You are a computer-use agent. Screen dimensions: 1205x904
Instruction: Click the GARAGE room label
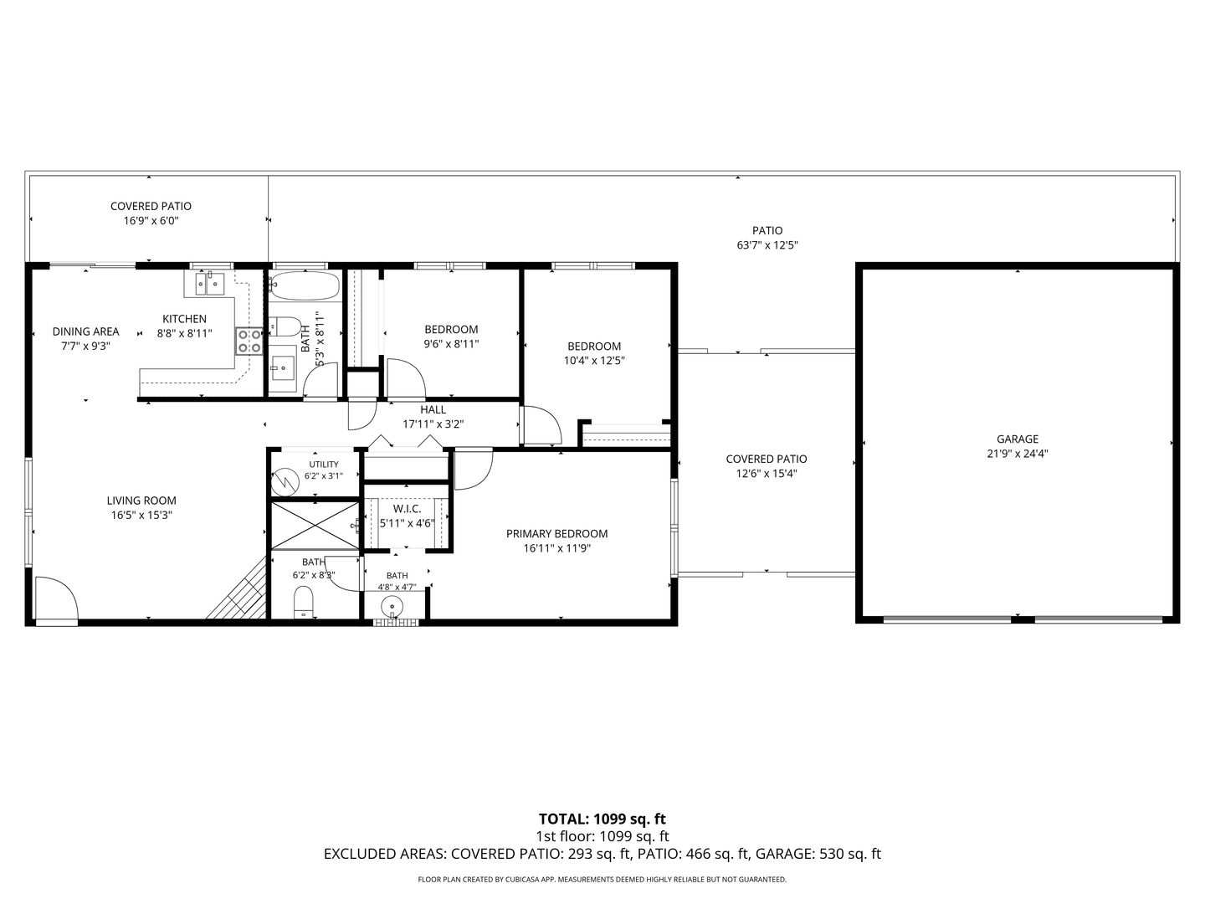click(1018, 439)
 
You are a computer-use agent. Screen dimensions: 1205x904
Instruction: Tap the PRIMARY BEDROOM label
click(556, 533)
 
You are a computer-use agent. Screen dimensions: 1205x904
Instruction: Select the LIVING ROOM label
click(141, 501)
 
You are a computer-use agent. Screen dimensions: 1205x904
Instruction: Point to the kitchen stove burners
click(249, 341)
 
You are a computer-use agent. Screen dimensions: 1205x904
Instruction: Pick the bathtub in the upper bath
click(305, 286)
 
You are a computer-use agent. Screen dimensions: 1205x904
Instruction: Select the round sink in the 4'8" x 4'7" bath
click(392, 607)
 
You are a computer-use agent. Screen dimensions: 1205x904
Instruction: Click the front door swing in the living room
click(57, 598)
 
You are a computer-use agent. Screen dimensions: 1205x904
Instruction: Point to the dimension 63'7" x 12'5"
click(767, 245)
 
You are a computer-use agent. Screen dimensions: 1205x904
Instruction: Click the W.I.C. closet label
click(407, 510)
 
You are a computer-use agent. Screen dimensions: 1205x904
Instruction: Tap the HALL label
click(433, 409)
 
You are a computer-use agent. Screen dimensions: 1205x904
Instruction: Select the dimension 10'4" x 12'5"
click(594, 361)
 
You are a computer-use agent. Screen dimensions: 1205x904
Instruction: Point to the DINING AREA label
click(85, 331)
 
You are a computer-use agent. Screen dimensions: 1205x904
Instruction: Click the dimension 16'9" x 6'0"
click(151, 221)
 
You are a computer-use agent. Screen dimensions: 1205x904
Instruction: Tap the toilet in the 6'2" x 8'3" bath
click(303, 602)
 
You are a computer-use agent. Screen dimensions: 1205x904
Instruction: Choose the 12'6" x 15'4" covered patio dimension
click(767, 473)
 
